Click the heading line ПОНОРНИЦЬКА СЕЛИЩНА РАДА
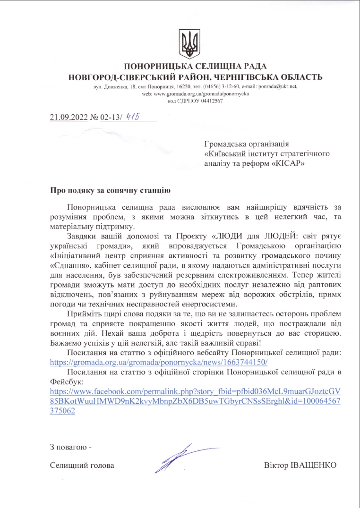(x=195, y=67)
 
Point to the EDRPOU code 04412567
(x=208, y=101)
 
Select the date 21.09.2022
(x=69, y=118)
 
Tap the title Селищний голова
(x=82, y=465)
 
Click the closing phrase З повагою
(x=69, y=447)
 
